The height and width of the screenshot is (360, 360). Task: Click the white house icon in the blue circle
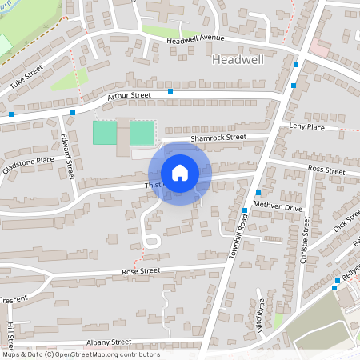[x=180, y=173]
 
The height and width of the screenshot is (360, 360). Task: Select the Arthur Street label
[x=129, y=96]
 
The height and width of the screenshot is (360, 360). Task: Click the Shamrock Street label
[x=218, y=138]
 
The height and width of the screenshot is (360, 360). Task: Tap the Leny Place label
[x=308, y=126]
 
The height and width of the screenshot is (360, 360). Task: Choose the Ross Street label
[x=326, y=170]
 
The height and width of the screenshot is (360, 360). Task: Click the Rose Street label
[x=140, y=271]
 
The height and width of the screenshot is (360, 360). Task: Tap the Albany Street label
[x=109, y=342]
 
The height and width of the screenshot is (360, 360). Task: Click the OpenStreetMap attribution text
[x=80, y=354]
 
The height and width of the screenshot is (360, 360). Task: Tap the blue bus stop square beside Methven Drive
[x=258, y=193]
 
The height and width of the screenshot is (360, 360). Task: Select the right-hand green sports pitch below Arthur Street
[x=142, y=132]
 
